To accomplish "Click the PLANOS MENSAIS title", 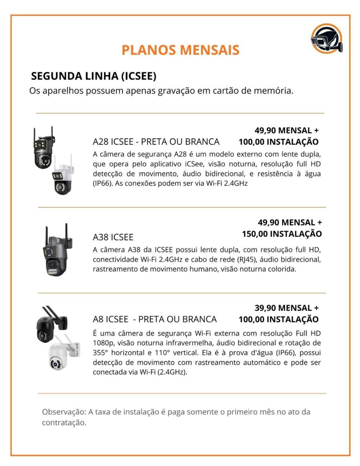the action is coord(180,50).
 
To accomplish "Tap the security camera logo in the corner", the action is coord(326,39).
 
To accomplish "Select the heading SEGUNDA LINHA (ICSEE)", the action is coord(94,76).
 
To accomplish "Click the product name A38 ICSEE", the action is coord(113,237).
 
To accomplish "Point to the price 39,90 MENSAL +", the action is coord(286,308).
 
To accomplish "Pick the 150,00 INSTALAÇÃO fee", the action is coord(282,234).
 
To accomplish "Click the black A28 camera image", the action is coord(44,148).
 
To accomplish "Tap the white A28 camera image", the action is coord(62,175).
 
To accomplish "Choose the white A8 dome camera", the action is coord(64,353).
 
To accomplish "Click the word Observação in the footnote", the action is coord(64,412).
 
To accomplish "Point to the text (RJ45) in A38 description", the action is coord(247,260).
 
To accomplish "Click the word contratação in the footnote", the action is coord(64,423).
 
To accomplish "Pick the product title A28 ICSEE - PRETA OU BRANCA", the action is coord(156,142).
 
